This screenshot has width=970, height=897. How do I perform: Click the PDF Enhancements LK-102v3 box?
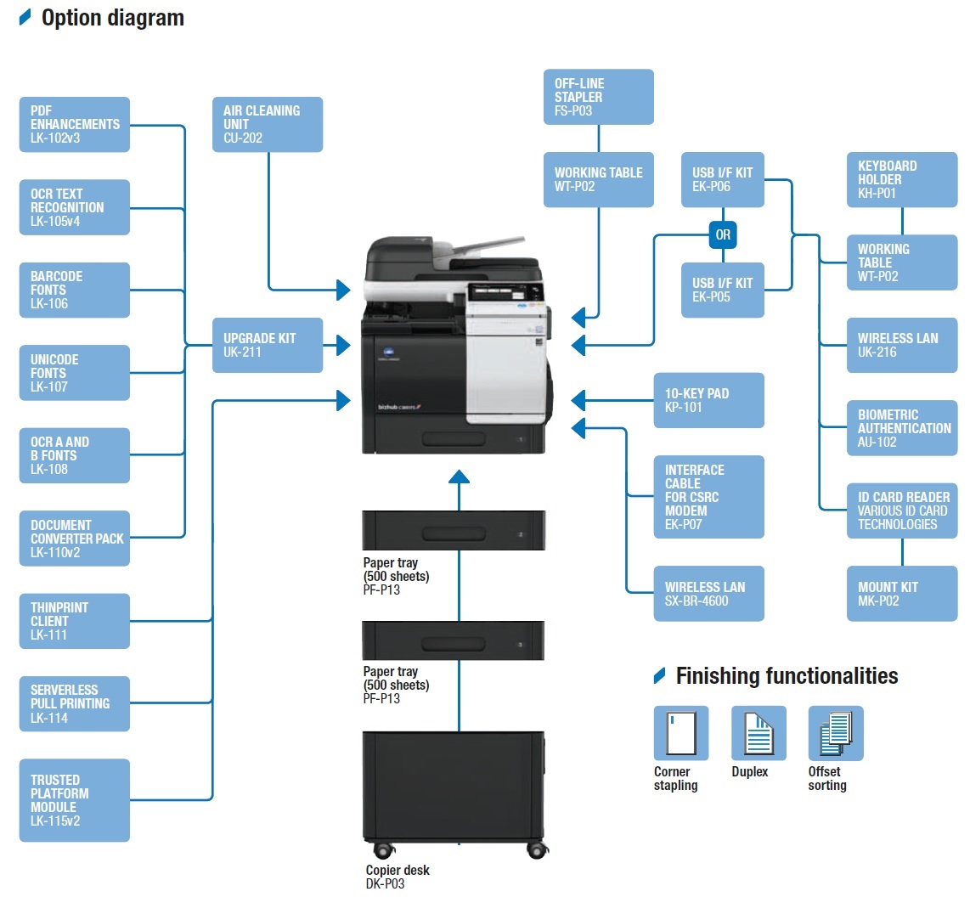coord(75,124)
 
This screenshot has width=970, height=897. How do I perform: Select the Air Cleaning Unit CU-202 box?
coord(268,124)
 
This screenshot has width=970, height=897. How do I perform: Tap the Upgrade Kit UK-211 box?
coord(268,345)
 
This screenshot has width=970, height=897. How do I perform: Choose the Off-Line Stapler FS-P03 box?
coord(599,97)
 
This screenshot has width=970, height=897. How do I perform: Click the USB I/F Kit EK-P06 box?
coord(722,179)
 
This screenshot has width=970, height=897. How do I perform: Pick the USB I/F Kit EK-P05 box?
coord(722,290)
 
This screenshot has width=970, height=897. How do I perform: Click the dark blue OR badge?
coord(723,234)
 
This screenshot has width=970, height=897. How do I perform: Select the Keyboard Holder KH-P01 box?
coord(902,179)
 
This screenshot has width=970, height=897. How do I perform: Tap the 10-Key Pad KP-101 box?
coord(709,400)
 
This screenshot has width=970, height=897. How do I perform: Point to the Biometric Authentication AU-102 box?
coord(902,428)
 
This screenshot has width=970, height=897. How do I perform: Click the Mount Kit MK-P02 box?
coord(902,594)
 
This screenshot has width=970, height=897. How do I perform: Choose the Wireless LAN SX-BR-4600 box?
coord(709,594)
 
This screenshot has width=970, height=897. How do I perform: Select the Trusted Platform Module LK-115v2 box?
coord(75,800)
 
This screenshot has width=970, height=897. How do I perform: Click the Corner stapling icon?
coord(681,733)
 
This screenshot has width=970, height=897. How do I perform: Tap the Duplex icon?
coord(759,733)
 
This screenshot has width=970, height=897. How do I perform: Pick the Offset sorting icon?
coord(836,733)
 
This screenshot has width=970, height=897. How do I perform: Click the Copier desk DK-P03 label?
coord(398,877)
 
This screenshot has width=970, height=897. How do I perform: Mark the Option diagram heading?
coord(112,18)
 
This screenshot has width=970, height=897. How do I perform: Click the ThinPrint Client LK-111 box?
coord(75,621)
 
